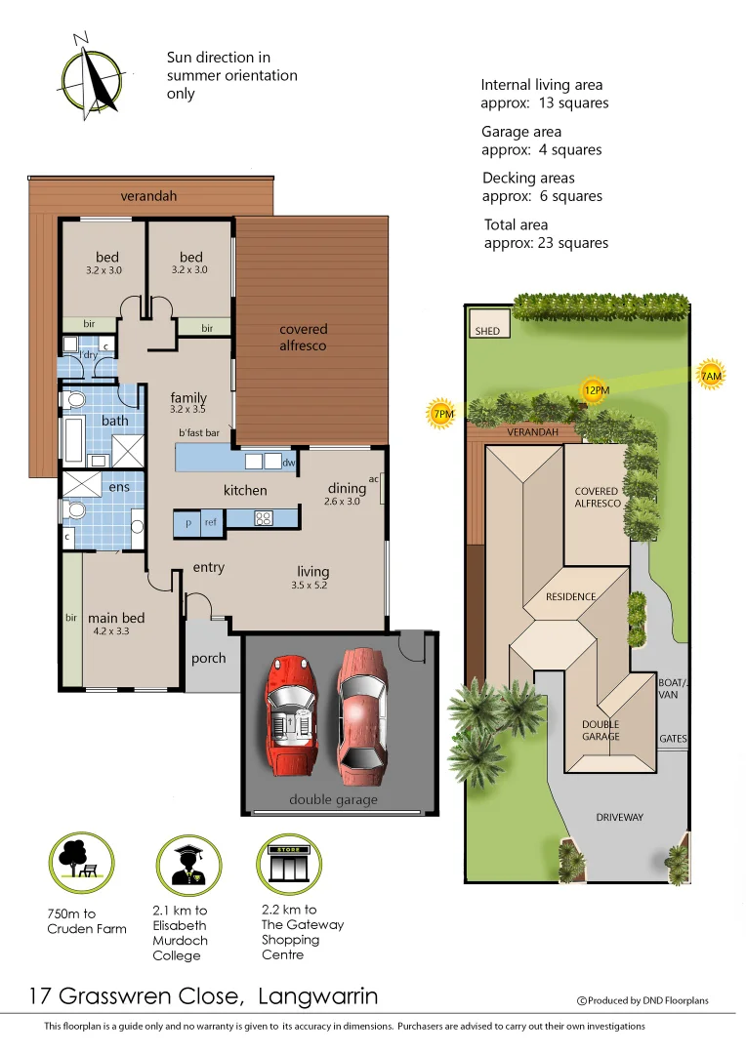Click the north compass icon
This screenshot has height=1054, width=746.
(93, 75)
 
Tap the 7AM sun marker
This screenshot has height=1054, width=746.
(711, 376)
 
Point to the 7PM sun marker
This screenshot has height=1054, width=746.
(443, 414)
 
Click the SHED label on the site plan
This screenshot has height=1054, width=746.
(487, 331)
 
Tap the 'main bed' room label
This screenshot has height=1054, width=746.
(116, 618)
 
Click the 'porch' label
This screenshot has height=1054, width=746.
(208, 658)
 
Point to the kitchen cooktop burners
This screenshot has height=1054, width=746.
(261, 518)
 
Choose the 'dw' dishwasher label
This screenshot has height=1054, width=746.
(288, 463)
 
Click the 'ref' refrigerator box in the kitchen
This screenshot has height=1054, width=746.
(210, 523)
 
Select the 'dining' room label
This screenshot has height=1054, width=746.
(347, 488)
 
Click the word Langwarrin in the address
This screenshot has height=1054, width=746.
(318, 996)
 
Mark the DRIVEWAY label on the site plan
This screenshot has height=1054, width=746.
(620, 817)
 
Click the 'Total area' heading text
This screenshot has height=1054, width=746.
(516, 224)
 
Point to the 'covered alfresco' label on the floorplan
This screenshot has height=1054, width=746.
(304, 337)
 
